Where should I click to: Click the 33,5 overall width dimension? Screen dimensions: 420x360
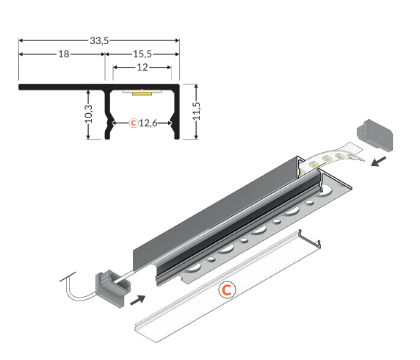[99, 40]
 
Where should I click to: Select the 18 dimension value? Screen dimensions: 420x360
[64, 54]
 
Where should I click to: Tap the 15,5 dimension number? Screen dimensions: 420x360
[142, 54]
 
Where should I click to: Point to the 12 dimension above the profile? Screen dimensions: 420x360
[142, 67]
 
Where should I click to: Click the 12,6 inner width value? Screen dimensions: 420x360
[148, 123]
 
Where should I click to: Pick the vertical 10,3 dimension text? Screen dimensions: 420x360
[88, 114]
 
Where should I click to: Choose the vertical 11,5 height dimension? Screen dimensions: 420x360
[197, 111]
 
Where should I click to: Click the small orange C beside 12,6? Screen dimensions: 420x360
[133, 123]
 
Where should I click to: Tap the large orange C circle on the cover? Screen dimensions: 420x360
[227, 289]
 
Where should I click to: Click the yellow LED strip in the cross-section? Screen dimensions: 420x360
[142, 93]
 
